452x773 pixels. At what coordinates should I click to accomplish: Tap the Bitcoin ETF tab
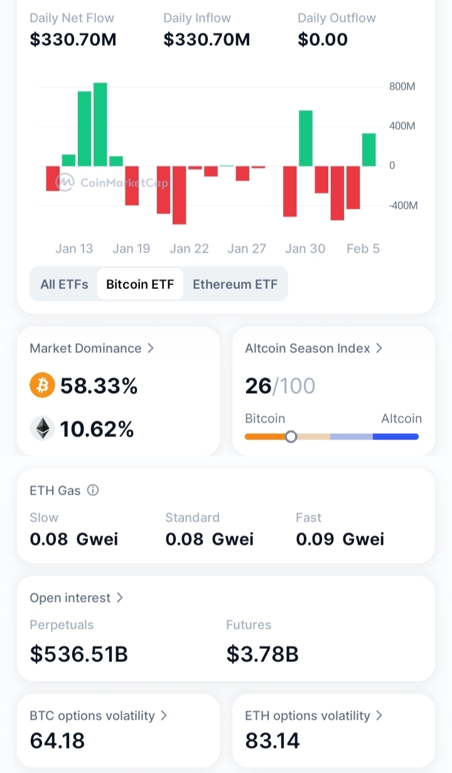pos(140,284)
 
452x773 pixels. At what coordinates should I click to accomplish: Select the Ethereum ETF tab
pos(235,284)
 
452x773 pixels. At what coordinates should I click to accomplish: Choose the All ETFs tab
pos(64,284)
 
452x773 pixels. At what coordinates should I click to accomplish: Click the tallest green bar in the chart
pos(100,124)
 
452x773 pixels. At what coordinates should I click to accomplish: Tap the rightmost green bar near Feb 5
pos(369,150)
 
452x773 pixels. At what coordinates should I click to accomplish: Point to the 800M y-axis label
pos(402,87)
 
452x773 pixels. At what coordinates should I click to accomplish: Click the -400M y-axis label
pos(403,206)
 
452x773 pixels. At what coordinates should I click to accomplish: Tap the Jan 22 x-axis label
pos(189,248)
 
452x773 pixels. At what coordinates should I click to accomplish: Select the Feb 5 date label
pos(363,248)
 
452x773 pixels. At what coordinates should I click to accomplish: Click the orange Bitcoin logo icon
pos(42,385)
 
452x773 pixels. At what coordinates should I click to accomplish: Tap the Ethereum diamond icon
pos(42,428)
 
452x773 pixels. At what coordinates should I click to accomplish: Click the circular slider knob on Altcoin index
pos(291,436)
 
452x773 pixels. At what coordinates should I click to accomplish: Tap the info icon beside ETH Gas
pos(93,490)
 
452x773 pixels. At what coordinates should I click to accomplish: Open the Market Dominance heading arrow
pos(150,348)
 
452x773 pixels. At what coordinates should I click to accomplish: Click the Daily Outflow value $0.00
pos(323,39)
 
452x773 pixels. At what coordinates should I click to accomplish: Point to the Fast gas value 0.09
pos(315,539)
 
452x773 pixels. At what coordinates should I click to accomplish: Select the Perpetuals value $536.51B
pos(79,654)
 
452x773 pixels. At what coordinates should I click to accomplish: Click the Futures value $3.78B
pos(262,654)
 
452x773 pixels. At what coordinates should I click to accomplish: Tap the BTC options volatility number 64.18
pos(57,741)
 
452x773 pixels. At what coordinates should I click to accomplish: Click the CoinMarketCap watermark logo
pos(65,182)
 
